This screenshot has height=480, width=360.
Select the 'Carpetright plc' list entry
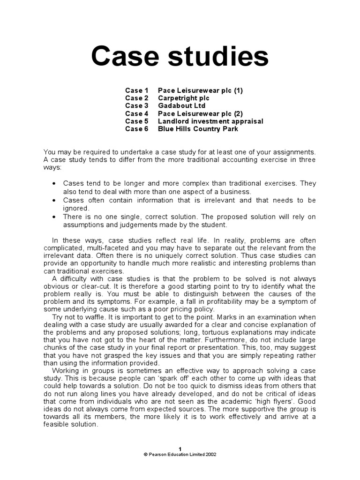tap(183, 98)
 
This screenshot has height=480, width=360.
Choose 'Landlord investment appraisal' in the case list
tap(210, 121)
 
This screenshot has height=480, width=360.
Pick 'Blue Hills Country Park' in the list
tap(198, 128)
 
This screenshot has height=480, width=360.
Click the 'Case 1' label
tap(136, 90)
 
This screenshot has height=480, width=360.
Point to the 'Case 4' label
tap(136, 113)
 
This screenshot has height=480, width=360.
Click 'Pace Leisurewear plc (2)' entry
tap(200, 113)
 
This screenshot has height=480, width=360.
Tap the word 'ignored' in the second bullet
tap(75, 208)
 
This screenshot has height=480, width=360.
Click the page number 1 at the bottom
tap(180, 449)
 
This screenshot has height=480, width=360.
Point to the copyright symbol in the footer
tap(145, 454)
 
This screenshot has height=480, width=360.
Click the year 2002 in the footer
tap(210, 454)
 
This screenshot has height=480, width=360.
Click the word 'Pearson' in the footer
tap(157, 454)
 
